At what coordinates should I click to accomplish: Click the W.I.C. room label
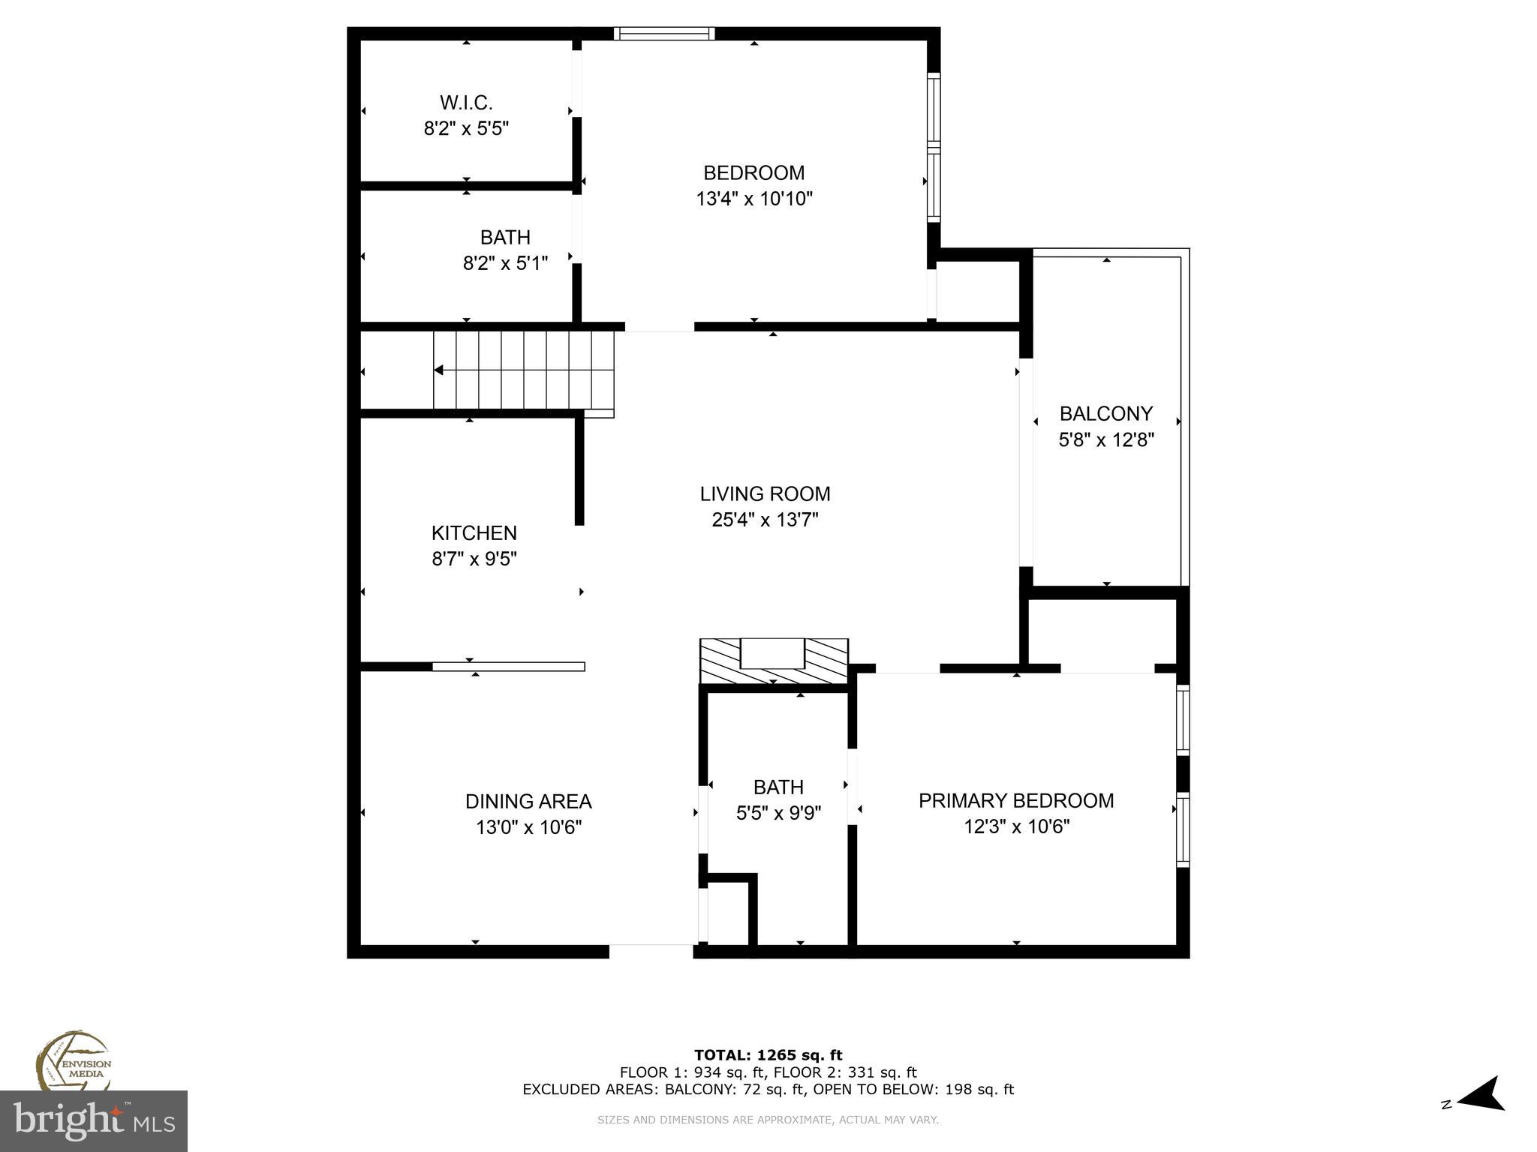click(466, 103)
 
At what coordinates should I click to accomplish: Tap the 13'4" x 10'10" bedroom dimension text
click(754, 199)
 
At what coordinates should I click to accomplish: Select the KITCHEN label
click(474, 533)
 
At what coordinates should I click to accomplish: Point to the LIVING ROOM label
click(765, 494)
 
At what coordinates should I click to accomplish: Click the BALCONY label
click(1105, 414)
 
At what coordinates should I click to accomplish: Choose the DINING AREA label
click(528, 802)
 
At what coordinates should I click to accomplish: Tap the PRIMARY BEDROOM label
click(1016, 801)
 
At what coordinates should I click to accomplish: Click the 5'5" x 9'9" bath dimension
click(778, 813)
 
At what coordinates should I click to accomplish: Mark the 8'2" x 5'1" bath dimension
click(505, 263)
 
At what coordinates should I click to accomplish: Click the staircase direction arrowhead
click(439, 370)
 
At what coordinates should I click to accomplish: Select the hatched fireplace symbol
click(774, 661)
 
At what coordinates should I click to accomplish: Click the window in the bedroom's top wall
click(663, 33)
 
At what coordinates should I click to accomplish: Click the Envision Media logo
click(73, 1063)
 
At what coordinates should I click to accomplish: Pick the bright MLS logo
click(93, 1121)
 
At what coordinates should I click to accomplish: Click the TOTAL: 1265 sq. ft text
click(768, 1056)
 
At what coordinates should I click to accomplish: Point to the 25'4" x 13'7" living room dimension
click(765, 520)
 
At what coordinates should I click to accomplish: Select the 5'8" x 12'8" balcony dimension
click(1105, 440)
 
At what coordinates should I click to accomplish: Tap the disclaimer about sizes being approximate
click(768, 1120)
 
